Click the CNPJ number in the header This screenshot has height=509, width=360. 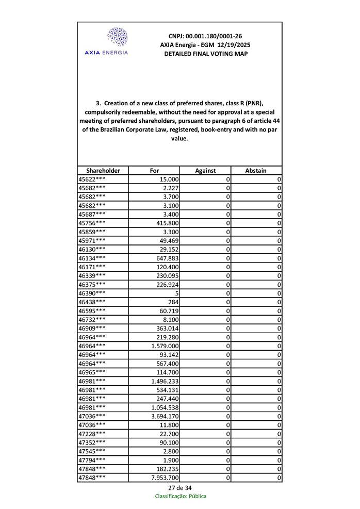pyautogui.click(x=205, y=36)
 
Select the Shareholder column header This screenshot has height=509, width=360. pyautogui.click(x=103, y=171)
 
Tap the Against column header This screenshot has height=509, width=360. pyautogui.click(x=205, y=171)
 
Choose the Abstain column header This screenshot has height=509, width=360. pyautogui.click(x=256, y=171)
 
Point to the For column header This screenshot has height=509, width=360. pyautogui.click(x=154, y=171)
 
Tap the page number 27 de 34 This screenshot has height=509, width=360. pyautogui.click(x=180, y=488)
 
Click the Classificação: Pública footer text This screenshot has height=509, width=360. pyautogui.click(x=181, y=496)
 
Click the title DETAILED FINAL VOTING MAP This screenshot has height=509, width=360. pyautogui.click(x=205, y=54)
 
